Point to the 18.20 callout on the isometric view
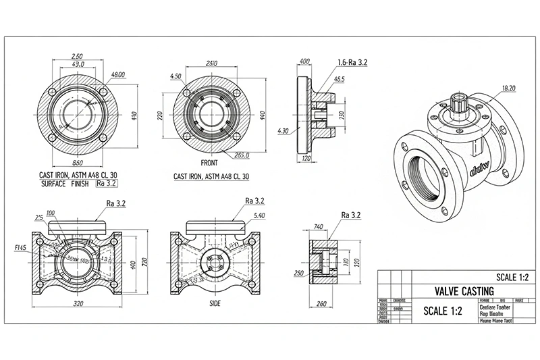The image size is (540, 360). point(509,88)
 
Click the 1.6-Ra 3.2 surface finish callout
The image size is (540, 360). point(352,61)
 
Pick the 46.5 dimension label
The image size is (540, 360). point(338,79)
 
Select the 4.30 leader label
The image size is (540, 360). point(283,130)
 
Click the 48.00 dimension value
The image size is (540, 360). point(118,74)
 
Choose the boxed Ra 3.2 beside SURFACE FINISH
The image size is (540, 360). point(107,183)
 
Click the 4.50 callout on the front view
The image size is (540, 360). point(177,76)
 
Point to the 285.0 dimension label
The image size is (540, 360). point(242,155)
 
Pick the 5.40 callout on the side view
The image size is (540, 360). point(259,215)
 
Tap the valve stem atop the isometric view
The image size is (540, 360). point(462,102)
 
